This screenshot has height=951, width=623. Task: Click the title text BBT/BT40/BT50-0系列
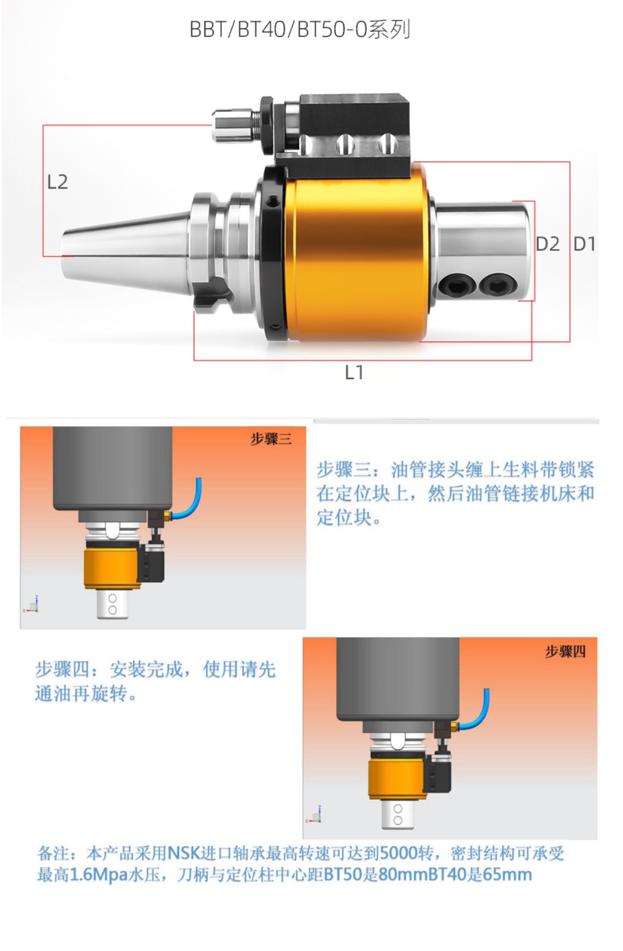(x=300, y=30)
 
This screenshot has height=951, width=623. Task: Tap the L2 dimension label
(x=57, y=182)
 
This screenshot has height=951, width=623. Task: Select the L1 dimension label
(x=354, y=372)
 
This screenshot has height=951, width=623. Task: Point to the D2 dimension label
(x=547, y=244)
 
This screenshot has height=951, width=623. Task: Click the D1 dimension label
(x=584, y=244)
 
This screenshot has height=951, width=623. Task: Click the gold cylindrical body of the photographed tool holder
(x=357, y=255)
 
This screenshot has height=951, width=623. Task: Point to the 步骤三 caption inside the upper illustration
(x=270, y=438)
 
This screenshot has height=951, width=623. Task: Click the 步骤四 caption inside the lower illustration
(x=565, y=651)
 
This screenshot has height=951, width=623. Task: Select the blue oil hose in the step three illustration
(x=193, y=501)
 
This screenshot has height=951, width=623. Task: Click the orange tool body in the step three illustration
(x=111, y=568)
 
